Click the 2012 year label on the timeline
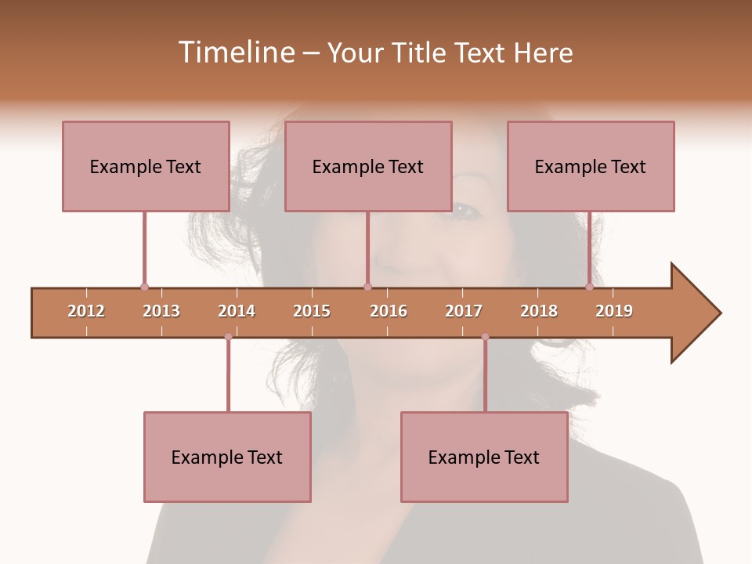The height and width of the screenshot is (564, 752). (x=86, y=311)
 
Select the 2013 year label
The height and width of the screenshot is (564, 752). (x=161, y=311)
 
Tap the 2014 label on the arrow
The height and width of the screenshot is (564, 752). (x=237, y=311)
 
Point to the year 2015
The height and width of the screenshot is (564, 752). (x=312, y=311)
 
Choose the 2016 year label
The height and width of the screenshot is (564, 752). (x=389, y=311)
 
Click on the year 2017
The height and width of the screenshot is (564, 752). (x=464, y=311)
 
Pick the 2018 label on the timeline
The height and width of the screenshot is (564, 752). (x=539, y=311)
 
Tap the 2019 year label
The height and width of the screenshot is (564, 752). (x=614, y=311)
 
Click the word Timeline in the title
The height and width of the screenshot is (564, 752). (x=235, y=52)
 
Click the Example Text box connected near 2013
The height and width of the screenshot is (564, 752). (x=146, y=166)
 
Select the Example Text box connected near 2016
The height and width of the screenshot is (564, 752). (x=368, y=166)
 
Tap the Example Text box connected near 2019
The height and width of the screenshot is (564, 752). (x=591, y=166)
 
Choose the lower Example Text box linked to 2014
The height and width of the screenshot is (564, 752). (x=227, y=457)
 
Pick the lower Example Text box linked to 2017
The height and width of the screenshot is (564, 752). (x=484, y=457)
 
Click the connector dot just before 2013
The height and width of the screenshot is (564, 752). (x=144, y=287)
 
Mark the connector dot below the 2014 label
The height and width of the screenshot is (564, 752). (x=228, y=337)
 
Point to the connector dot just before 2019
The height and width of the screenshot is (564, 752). (x=589, y=287)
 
